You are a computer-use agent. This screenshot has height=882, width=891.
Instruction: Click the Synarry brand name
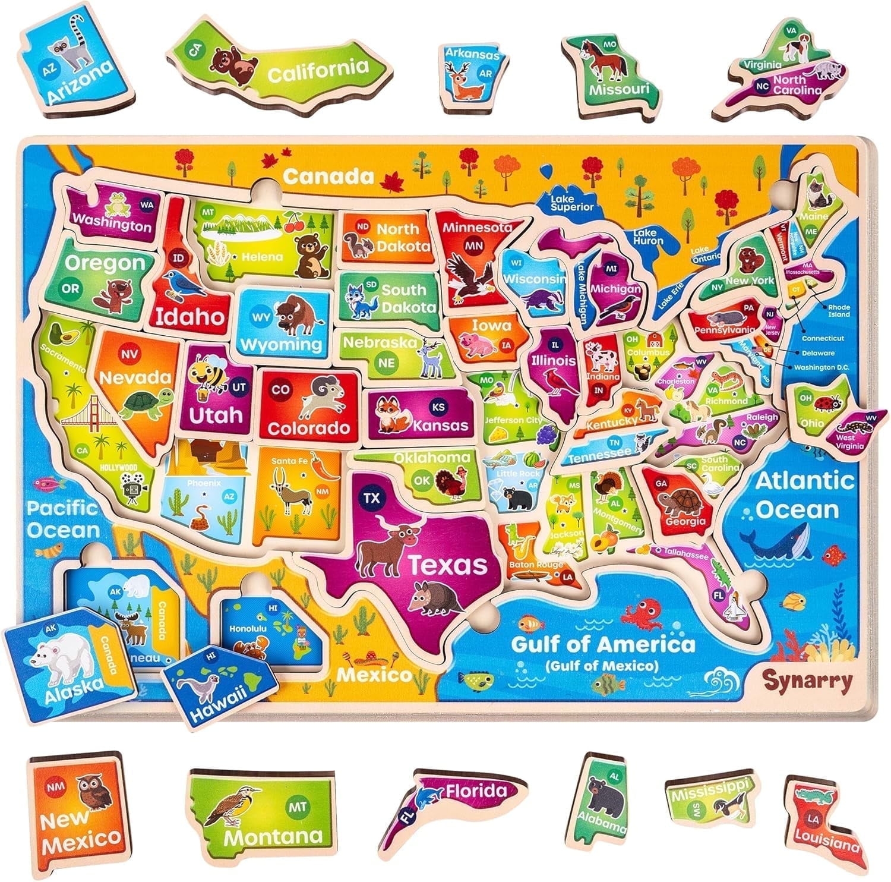tap(807, 680)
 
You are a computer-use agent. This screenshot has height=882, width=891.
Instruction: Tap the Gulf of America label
tap(602, 644)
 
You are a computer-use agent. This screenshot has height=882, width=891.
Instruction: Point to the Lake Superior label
tap(571, 203)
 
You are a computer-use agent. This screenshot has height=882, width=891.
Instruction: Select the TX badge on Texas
tap(372, 498)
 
